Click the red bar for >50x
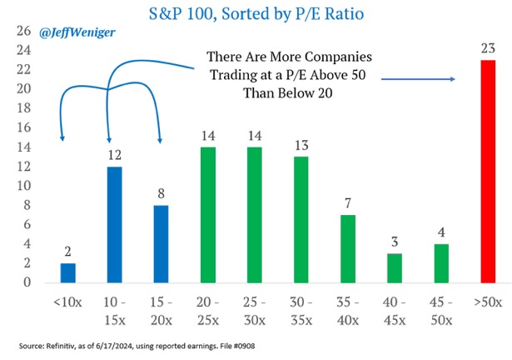[488, 172]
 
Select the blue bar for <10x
[68, 273]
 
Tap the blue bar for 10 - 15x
[115, 225]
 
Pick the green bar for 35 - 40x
[348, 249]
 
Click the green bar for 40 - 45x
[395, 268]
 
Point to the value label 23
[488, 48]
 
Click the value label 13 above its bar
[301, 145]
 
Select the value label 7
[348, 203]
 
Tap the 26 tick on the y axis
[23, 31]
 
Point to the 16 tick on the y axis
[23, 127]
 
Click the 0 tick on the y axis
[27, 282]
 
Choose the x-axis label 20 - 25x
[208, 312]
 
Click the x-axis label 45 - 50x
[441, 312]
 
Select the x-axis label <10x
[67, 302]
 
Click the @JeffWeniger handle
[77, 32]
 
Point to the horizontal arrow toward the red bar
[418, 79]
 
